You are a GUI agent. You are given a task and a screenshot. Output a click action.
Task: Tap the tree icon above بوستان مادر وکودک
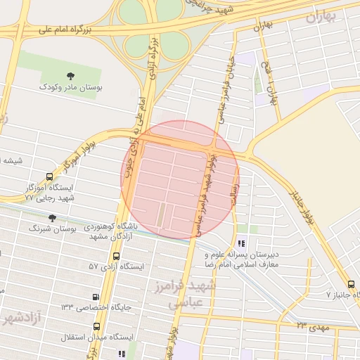click(x=70, y=75)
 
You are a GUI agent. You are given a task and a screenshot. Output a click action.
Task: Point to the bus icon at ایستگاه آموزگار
click(x=49, y=177)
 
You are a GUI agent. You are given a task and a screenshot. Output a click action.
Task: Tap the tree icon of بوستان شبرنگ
click(x=51, y=218)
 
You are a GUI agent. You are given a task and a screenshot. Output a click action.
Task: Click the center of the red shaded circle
click(x=180, y=179)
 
